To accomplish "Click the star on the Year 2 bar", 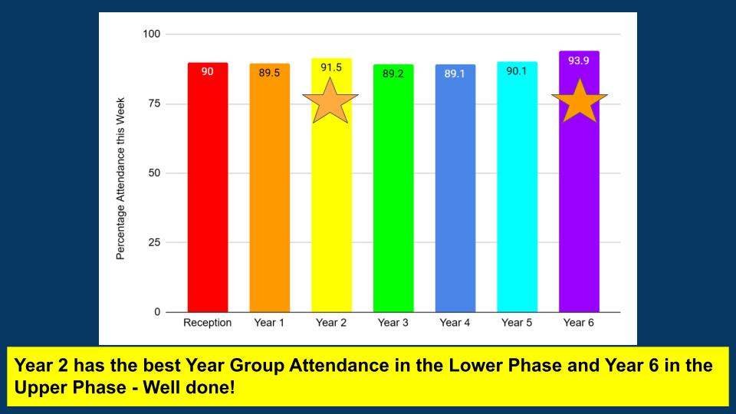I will tap(330, 100).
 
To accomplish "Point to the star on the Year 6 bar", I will tap(580, 102).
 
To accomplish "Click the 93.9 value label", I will tap(579, 60).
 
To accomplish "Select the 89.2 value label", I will tap(393, 74).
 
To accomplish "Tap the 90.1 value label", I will tap(517, 71).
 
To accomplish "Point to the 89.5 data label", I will tap(269, 72).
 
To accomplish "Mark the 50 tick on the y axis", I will tap(154, 173).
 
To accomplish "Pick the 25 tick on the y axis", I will tap(154, 243).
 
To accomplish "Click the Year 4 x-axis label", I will tap(455, 323).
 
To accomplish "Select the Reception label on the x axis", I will tap(207, 323).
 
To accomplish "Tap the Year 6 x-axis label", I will tap(579, 323).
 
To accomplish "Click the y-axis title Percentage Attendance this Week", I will tap(121, 178).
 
